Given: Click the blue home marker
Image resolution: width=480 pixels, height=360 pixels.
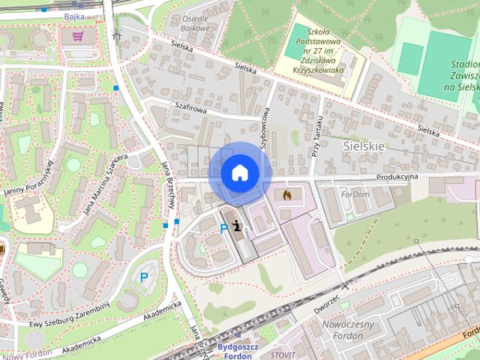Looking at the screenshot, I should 238,172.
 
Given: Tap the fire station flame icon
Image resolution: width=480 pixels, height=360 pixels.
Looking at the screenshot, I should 286,194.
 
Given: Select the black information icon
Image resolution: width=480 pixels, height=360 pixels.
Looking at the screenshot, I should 238,226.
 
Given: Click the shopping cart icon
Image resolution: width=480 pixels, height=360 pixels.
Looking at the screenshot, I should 78,35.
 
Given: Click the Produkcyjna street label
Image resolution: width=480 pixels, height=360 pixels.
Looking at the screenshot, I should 397,175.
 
